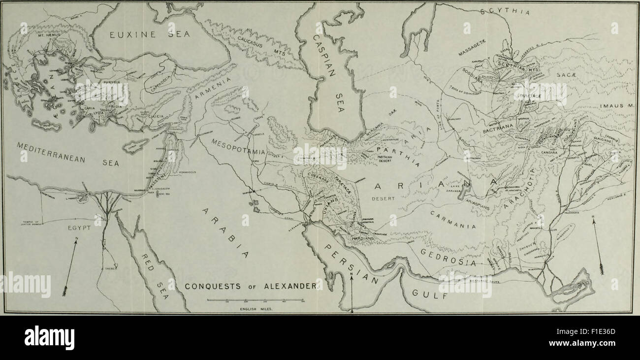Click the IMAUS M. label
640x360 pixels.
click(x=617, y=106)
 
